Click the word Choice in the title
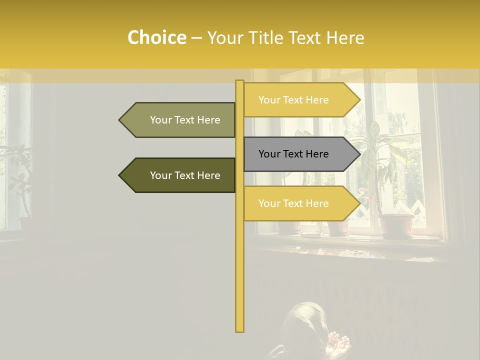point(156,37)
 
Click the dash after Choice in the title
point(196,38)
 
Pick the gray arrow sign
point(300,154)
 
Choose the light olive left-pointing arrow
point(180,120)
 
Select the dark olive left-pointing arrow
point(180,175)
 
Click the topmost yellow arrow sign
point(300,100)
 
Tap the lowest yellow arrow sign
point(300,203)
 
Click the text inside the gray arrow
point(293,154)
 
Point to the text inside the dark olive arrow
point(185,175)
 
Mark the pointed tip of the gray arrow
point(359,154)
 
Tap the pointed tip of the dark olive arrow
point(120,175)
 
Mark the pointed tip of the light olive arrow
point(120,120)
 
